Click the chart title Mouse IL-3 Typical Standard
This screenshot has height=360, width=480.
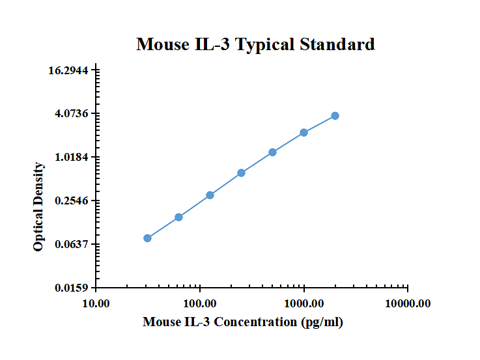pos(255,44)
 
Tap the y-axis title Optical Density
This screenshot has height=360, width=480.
pos(39,206)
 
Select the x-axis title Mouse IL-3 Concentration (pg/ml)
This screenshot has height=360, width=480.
pos(242,322)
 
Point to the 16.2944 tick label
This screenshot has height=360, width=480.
pos(71,70)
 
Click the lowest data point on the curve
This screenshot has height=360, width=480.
pos(147,238)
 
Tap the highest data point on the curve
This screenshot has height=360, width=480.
pos(335,116)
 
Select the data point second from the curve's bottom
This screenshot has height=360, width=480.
pos(178,217)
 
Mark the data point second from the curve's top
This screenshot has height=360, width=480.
pos(304,133)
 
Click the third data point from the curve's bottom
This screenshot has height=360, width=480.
pos(210,195)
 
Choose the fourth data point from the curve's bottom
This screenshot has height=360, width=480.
pos(241,173)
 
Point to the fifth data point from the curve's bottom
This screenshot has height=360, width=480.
pos(272,152)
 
